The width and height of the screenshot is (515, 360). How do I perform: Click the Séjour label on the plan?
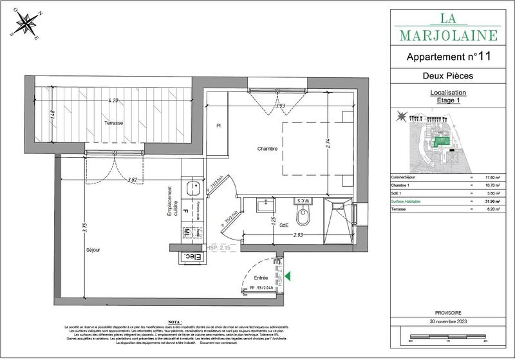pyautogui.click(x=94, y=248)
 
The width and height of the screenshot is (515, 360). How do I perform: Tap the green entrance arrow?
pyautogui.click(x=288, y=277)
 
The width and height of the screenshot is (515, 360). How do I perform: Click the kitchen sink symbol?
pyautogui.click(x=191, y=189)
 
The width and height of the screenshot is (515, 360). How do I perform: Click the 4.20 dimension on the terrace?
pyautogui.click(x=113, y=100)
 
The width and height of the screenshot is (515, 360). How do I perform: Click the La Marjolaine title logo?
pyautogui.click(x=448, y=26)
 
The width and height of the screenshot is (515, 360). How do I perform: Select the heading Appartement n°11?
pyautogui.click(x=449, y=57)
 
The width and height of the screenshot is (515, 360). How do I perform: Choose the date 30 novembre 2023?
pyautogui.click(x=448, y=321)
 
